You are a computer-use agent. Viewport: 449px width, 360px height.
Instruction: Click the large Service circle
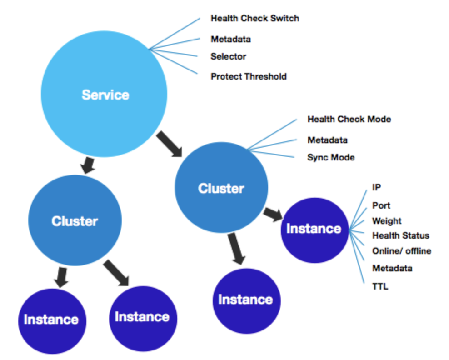[x=104, y=94]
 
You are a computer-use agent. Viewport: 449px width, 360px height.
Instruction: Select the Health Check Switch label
[x=254, y=19]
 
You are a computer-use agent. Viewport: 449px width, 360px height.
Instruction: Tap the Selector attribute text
[x=228, y=57]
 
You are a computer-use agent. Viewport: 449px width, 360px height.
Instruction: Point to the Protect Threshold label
[x=249, y=76]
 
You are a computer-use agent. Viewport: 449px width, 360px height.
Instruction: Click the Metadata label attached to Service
[x=230, y=39]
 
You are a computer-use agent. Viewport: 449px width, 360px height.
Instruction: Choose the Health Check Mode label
[x=349, y=120]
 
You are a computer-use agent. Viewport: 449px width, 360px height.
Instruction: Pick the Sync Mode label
[x=331, y=158]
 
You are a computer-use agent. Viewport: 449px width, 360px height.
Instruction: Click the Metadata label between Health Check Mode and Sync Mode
[x=327, y=140]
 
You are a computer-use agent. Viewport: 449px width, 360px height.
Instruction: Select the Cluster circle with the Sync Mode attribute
[x=221, y=188]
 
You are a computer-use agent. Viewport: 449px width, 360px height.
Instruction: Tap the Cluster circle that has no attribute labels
[x=75, y=221]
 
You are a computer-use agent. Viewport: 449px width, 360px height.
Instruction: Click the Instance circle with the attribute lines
[x=314, y=229]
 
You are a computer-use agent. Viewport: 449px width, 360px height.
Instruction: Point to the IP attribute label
[x=376, y=187]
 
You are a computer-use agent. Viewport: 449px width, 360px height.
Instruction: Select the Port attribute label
[x=381, y=205]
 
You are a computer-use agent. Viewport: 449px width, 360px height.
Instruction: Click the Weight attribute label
[x=387, y=221]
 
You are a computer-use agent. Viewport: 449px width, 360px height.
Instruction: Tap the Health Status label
[x=400, y=235]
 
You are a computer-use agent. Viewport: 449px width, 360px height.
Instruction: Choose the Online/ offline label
[x=401, y=251]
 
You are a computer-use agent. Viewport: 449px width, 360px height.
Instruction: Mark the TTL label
[x=380, y=287]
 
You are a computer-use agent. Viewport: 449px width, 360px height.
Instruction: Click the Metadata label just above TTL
[x=392, y=268]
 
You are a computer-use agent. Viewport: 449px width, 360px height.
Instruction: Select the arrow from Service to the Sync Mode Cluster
[x=169, y=144]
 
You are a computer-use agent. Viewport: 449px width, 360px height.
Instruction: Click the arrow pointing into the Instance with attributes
[x=274, y=213]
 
